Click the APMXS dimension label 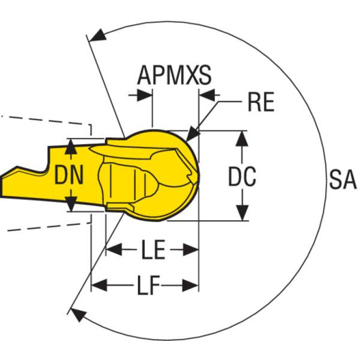174,75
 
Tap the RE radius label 261,102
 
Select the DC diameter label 242,176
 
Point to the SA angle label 343,180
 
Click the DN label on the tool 69,176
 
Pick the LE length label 153,250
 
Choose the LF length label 148,285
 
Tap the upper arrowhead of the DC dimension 242,138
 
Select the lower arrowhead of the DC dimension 242,213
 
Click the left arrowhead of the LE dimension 114,249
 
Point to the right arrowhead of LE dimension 191,250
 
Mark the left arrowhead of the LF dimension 99,285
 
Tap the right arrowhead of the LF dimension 191,285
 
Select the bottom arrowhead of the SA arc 78,314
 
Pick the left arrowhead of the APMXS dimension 145,95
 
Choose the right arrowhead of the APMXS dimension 207,95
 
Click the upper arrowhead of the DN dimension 71,147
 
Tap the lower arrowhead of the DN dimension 71,204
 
